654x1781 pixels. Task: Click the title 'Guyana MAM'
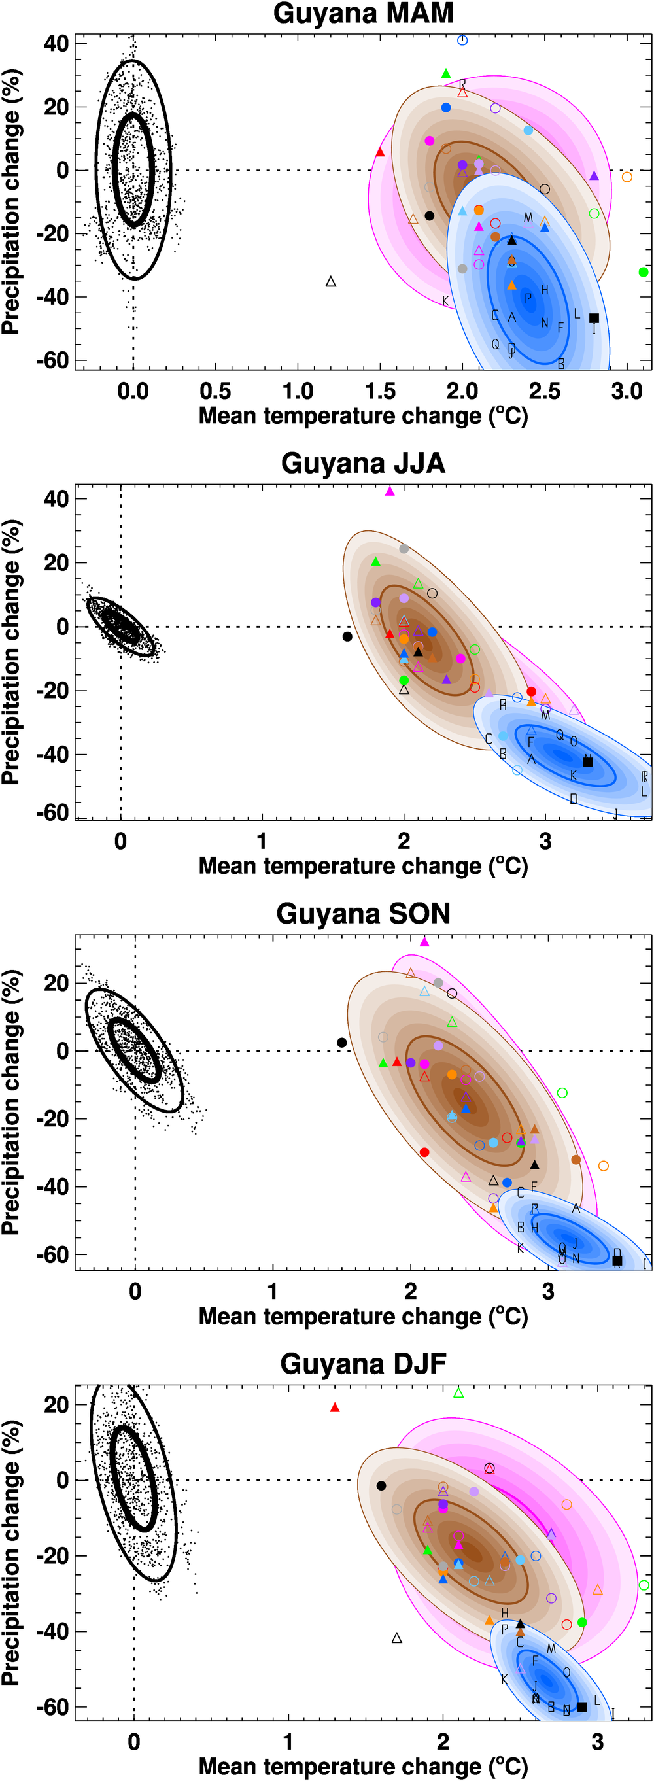point(363,14)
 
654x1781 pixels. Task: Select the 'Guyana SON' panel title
point(363,914)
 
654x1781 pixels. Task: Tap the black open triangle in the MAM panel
point(331,281)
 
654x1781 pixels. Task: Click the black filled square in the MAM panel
point(594,318)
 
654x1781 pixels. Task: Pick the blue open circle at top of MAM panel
point(462,40)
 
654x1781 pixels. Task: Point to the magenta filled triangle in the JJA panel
point(389,492)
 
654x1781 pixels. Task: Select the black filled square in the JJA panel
point(589,762)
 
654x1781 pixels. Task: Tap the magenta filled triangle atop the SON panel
point(424,942)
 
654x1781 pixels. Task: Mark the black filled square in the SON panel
point(617,1260)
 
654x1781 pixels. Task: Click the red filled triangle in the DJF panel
point(335,1408)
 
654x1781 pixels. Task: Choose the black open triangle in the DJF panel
point(397,1638)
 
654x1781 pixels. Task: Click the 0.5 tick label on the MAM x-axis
point(215,391)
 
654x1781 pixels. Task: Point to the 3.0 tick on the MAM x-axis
point(627,391)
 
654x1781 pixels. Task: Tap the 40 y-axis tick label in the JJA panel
point(57,498)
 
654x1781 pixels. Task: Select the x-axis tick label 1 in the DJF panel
point(288,1742)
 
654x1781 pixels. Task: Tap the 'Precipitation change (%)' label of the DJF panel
point(11,1552)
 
